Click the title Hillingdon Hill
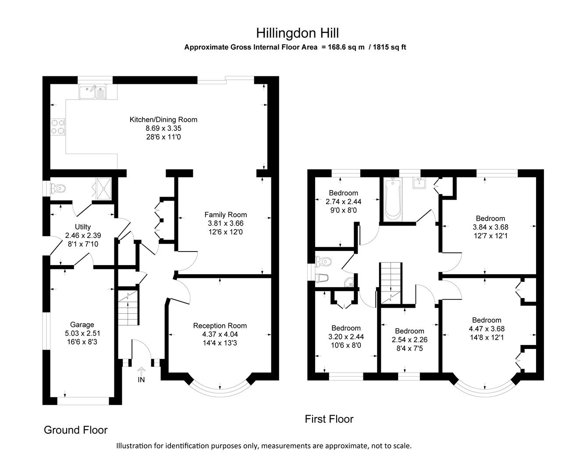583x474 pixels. pyautogui.click(x=297, y=33)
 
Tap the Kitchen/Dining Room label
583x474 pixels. pyautogui.click(x=163, y=119)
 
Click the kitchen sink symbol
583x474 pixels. pyautogui.click(x=93, y=92)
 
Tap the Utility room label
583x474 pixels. pyautogui.click(x=83, y=227)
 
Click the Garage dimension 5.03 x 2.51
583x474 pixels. pyautogui.click(x=82, y=334)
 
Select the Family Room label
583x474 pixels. pyautogui.click(x=225, y=215)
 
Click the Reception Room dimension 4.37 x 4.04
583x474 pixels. pyautogui.click(x=220, y=334)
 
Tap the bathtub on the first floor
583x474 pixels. pyautogui.click(x=393, y=200)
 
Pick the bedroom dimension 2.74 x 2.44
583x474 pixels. pyautogui.click(x=343, y=202)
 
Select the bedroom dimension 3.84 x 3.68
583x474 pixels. pyautogui.click(x=490, y=227)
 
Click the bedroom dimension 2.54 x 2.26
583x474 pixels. pyautogui.click(x=409, y=340)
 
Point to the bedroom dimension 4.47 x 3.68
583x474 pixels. pyautogui.click(x=487, y=329)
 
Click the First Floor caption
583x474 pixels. pyautogui.click(x=329, y=419)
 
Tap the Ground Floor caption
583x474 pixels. pyautogui.click(x=75, y=430)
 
